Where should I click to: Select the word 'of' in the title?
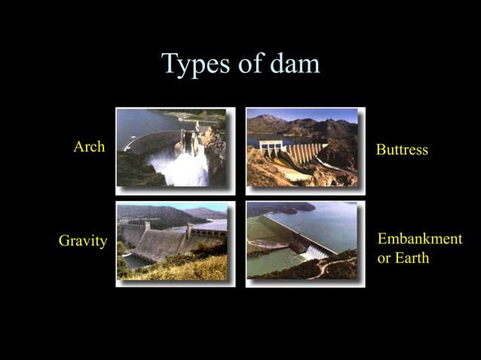[250, 64]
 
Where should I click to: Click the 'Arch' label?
[89, 147]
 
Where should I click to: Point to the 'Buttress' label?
[402, 150]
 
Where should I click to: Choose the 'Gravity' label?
[83, 241]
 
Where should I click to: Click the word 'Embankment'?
[419, 239]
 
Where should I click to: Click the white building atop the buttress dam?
[269, 143]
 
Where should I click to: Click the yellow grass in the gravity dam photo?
[181, 270]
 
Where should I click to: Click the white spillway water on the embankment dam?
[314, 252]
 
